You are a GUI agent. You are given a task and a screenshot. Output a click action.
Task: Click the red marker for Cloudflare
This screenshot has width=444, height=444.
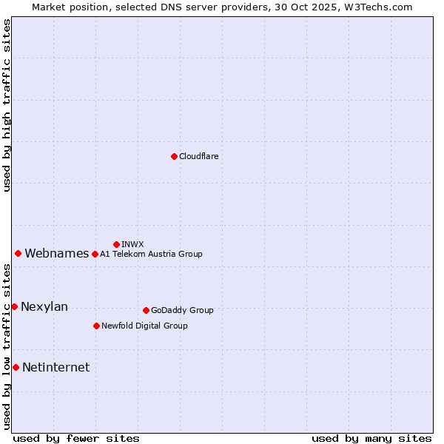174,156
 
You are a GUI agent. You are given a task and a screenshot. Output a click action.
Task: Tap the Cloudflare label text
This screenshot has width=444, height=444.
198,156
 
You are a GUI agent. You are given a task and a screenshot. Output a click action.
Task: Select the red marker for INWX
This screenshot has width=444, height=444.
116,244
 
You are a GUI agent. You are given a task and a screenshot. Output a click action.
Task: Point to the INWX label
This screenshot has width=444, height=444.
132,244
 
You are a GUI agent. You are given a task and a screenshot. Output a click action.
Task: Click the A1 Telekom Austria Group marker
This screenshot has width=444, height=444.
95,254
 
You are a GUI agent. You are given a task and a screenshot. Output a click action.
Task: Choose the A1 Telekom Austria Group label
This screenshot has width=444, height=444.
151,254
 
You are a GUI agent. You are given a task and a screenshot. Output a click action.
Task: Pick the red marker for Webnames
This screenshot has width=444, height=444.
18,253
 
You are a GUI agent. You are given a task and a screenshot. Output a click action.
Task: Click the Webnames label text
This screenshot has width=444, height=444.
56,254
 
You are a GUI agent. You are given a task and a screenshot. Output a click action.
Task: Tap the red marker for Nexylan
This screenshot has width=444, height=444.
14,306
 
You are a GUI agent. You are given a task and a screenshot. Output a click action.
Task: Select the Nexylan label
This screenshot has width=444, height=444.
44,307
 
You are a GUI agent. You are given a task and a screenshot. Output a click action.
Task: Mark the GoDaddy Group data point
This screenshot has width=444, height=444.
146,310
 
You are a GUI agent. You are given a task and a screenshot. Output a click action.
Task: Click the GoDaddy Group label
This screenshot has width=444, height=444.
182,310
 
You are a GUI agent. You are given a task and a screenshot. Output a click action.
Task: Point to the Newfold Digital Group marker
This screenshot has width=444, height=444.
96,326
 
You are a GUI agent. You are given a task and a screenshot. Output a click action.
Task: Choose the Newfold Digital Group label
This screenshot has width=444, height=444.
144,326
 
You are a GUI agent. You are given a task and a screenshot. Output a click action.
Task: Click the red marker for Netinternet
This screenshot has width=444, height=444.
16,367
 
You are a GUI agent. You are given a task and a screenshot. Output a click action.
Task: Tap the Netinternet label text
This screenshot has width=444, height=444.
55,368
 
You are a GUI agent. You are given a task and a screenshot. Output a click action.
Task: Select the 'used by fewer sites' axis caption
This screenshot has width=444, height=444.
76,438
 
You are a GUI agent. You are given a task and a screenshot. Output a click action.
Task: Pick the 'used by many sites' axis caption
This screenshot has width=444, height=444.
371,438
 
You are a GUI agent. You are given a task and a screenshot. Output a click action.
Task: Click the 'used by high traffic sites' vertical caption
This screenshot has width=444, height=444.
7,105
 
